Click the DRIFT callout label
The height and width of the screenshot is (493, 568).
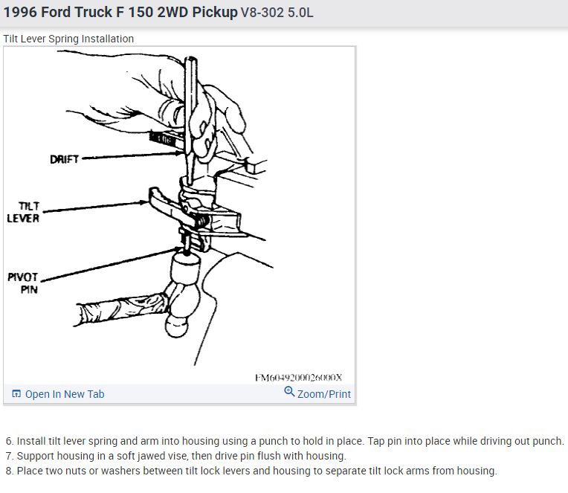point(64,159)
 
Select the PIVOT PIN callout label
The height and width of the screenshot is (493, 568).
point(22,283)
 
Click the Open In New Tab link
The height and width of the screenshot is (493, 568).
point(65,394)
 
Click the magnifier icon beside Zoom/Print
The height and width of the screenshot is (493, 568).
point(289,393)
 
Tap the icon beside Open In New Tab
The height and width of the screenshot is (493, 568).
point(16,394)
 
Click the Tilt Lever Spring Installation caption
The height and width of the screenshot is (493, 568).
point(68,39)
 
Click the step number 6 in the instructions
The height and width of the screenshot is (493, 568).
point(9,441)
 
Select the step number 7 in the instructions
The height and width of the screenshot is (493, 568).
point(9,456)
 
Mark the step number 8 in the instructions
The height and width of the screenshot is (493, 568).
point(9,471)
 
